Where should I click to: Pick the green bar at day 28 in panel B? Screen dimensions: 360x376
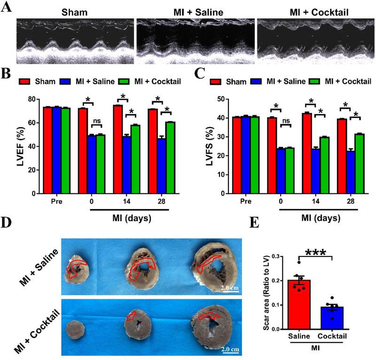pyautogui.click(x=170, y=157)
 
